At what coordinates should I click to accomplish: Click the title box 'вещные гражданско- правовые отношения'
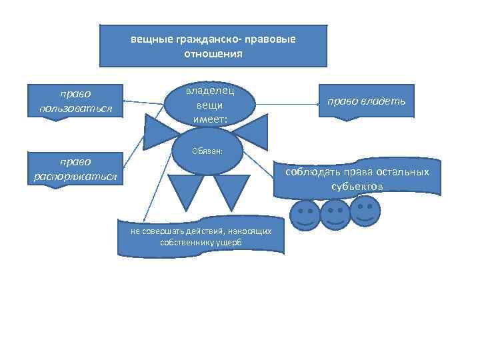pyautogui.click(x=213, y=45)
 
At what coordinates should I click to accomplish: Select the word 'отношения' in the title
pyautogui.click(x=213, y=53)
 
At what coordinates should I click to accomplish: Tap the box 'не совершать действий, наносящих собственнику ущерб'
pyautogui.click(x=201, y=237)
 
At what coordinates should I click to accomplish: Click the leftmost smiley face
pyautogui.click(x=306, y=215)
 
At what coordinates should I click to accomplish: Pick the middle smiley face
pyautogui.click(x=335, y=214)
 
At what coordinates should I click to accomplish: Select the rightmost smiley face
pyautogui.click(x=365, y=211)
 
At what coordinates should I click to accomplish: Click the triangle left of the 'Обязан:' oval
pyautogui.click(x=160, y=132)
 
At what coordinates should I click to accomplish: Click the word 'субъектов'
pyautogui.click(x=357, y=187)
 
